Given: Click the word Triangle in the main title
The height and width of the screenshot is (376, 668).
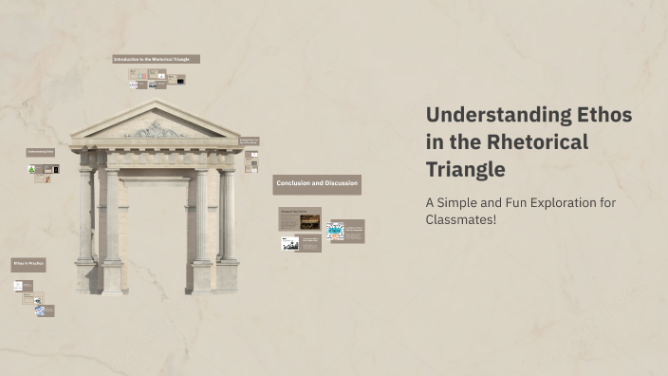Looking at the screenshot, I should [x=465, y=170].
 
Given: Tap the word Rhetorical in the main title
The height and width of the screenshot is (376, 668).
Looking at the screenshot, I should [x=539, y=142].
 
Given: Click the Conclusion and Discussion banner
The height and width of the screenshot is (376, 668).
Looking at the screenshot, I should [x=317, y=184].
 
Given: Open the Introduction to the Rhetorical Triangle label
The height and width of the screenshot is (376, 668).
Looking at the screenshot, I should [x=157, y=59].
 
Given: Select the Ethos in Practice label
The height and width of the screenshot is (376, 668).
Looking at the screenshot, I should [x=28, y=264].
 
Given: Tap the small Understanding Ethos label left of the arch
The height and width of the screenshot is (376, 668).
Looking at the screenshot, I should [x=41, y=152].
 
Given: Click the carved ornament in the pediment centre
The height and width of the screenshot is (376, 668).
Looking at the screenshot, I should [x=155, y=128].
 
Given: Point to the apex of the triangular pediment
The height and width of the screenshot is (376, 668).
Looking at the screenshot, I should [x=155, y=103].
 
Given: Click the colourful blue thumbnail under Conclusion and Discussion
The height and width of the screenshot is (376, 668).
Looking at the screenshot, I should [x=335, y=230].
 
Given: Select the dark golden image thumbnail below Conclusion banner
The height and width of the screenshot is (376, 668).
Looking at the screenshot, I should [x=310, y=220].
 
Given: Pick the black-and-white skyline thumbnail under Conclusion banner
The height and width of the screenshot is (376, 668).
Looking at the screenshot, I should [x=290, y=243].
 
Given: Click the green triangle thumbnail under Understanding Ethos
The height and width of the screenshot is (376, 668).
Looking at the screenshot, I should [x=32, y=169].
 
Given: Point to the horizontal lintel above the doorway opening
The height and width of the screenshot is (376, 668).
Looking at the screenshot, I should [x=156, y=174].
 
